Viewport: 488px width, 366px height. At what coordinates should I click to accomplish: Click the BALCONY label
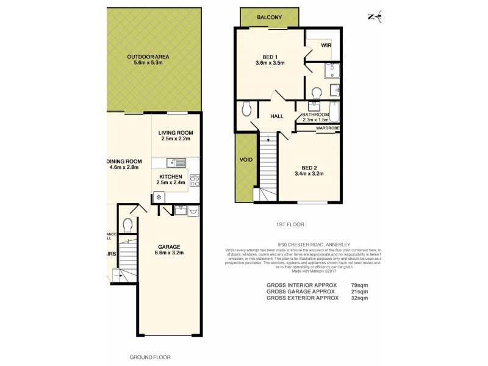pos(270,18)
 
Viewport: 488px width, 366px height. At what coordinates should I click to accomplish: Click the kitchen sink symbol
pos(176,163)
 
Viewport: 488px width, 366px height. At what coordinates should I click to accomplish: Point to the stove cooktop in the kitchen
pos(195,180)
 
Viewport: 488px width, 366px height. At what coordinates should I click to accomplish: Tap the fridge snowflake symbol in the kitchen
pos(158,197)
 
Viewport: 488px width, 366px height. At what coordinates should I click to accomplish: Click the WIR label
pos(326,45)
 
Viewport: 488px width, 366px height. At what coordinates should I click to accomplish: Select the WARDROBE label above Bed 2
pos(326,129)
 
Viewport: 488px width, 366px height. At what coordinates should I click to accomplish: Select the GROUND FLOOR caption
pos(150,356)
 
